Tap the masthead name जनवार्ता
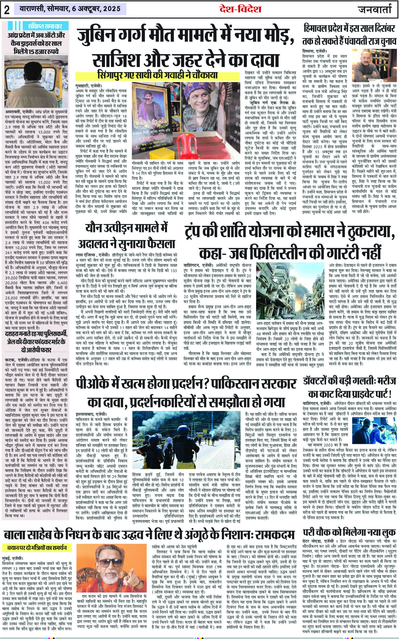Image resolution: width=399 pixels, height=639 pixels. click(375, 10)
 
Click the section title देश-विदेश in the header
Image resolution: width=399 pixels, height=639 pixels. click(240, 9)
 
